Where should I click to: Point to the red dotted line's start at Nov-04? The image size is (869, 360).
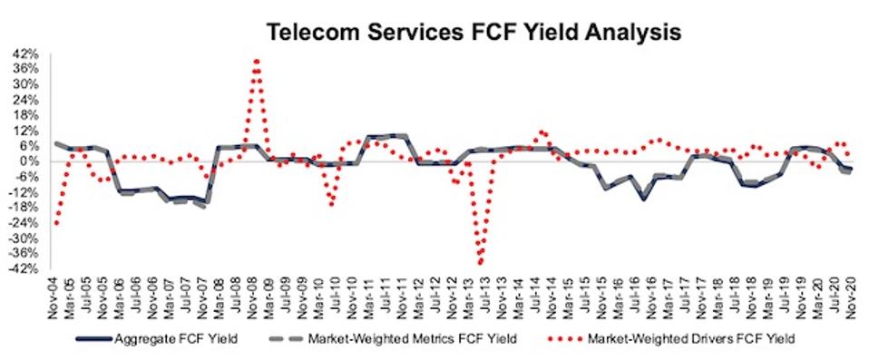point(56,222)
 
